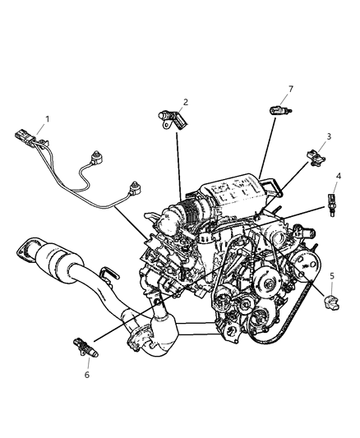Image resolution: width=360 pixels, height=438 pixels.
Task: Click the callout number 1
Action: pos(48,119)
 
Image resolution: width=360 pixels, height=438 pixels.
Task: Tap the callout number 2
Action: pos(186,102)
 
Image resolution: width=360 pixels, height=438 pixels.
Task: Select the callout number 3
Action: pos(329,136)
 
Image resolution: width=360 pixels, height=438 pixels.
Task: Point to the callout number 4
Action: pos(339,176)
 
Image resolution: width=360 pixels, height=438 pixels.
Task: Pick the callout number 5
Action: pos(332,276)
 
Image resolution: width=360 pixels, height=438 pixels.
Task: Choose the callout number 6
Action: pos(87,375)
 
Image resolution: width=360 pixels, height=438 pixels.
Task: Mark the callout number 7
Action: pos(291,89)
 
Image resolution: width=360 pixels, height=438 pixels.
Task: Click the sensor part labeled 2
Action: pos(173,119)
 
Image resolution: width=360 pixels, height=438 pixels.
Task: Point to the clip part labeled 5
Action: pos(331,302)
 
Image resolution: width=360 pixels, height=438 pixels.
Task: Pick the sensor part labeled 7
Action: pos(280,110)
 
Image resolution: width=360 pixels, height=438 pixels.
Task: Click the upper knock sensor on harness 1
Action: pos(95,158)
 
